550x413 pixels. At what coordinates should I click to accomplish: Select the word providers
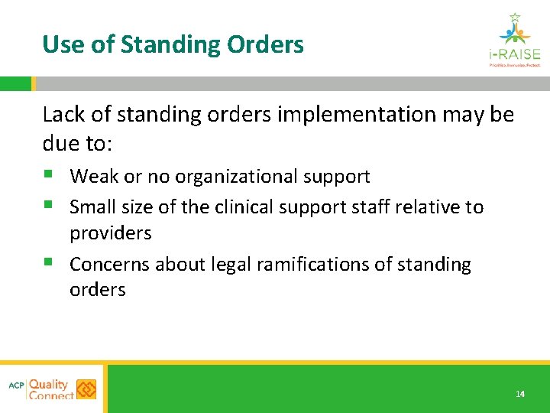pyautogui.click(x=111, y=233)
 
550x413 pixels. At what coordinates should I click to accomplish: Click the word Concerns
pyautogui.click(x=110, y=265)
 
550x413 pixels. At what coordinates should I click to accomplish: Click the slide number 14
pyautogui.click(x=520, y=394)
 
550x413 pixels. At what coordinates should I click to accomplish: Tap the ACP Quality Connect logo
pyautogui.click(x=53, y=389)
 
